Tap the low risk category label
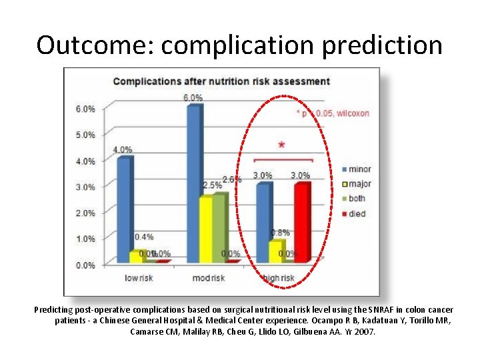pos(139,277)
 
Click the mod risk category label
pos(209,277)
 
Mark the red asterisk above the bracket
pos(281,145)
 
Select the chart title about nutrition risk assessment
pos(221,81)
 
